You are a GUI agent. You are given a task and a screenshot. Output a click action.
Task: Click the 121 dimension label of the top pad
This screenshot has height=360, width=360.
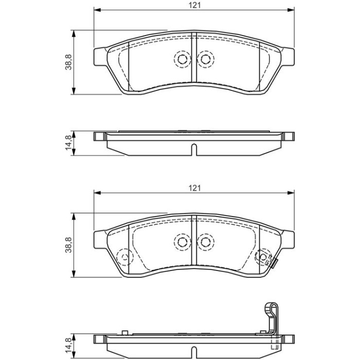click(194, 5)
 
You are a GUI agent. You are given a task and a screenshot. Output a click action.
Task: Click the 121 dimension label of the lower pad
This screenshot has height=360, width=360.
click(194, 188)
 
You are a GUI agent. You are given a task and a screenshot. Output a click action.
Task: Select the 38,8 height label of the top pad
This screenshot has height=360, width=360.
click(68, 62)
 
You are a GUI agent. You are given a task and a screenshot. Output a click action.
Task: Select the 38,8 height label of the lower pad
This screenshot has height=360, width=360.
click(68, 245)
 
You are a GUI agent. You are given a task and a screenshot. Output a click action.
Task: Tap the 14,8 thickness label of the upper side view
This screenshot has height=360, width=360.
click(68, 143)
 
